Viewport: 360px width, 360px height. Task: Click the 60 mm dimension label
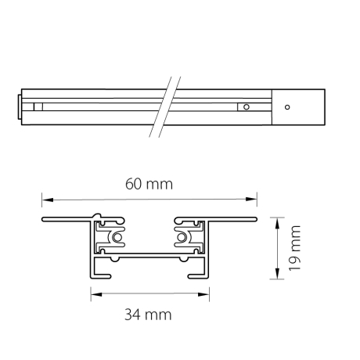149,184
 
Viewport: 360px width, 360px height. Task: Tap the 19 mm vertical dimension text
295,247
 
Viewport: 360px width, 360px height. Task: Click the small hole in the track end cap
287,106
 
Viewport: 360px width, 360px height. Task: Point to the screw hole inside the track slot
246,106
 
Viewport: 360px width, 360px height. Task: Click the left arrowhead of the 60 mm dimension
45,199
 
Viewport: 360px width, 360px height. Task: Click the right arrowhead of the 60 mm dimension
253,199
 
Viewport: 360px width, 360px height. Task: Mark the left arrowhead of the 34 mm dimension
95,294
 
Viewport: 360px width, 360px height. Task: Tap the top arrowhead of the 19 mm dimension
276,221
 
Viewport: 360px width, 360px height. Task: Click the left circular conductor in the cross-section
117,236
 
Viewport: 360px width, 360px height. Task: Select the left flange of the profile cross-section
67,220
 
